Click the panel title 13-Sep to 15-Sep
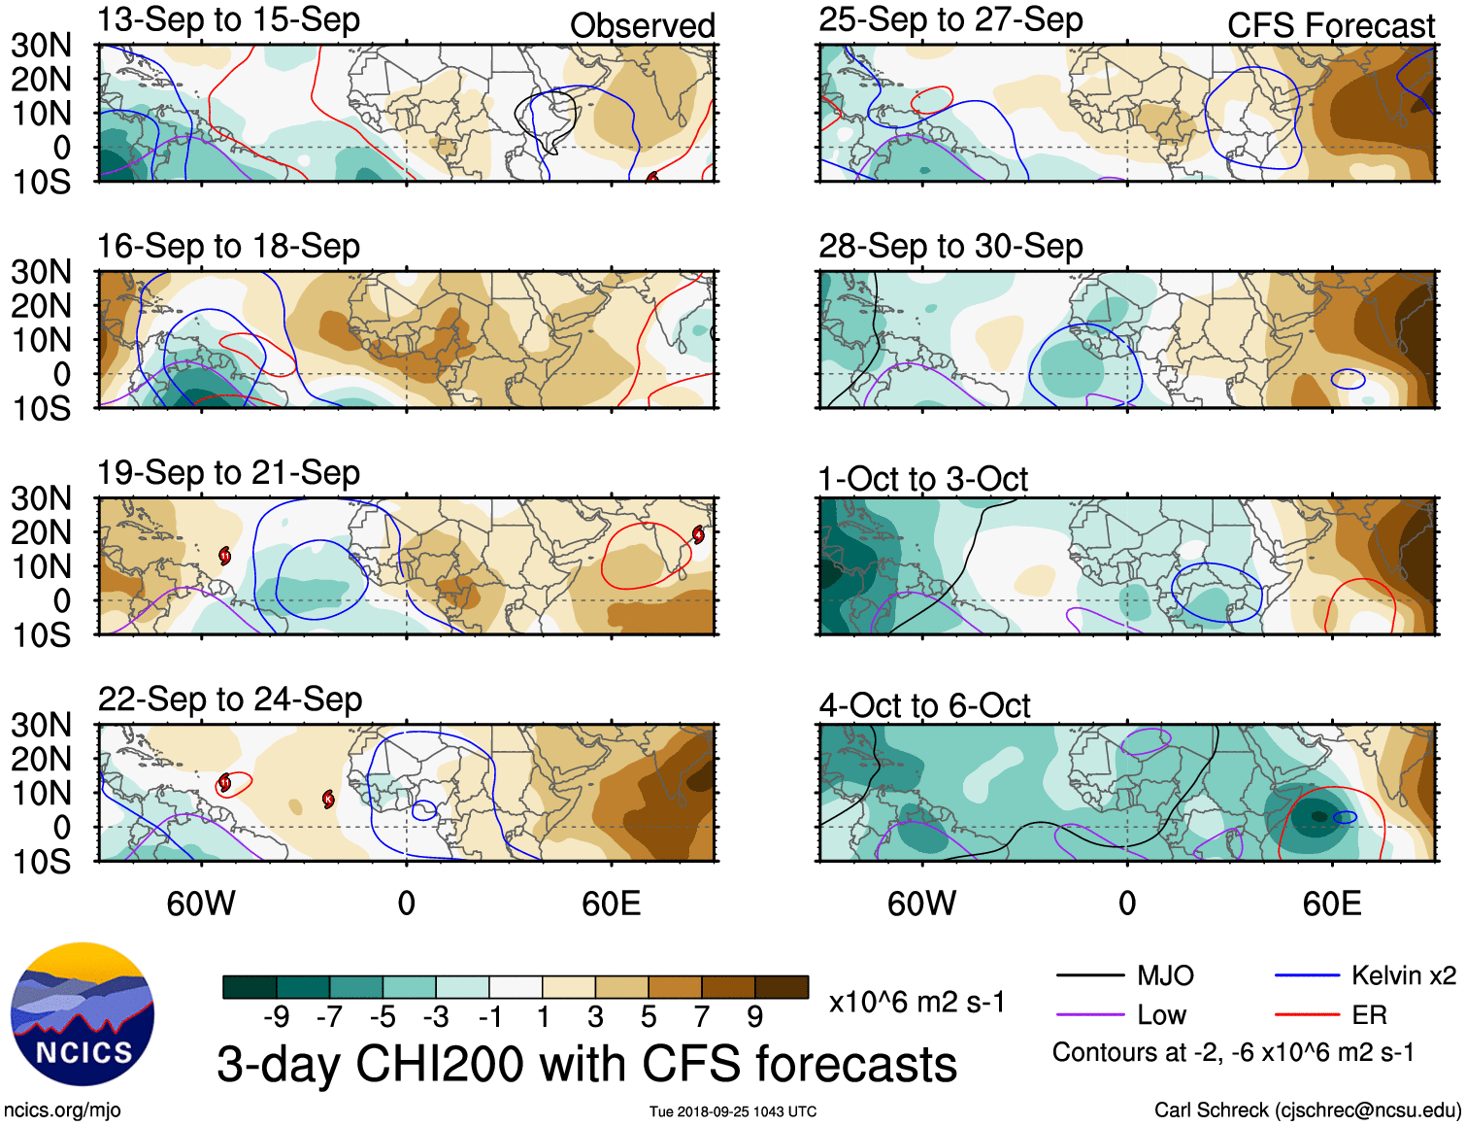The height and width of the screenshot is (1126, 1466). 228,19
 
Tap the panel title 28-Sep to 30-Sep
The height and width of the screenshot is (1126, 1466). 950,246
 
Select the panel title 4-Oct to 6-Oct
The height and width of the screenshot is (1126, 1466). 924,705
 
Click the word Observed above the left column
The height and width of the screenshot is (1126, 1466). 642,26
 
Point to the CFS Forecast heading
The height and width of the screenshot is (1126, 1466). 1330,26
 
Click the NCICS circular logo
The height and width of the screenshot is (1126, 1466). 83,1014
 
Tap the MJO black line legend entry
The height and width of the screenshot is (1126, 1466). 1126,975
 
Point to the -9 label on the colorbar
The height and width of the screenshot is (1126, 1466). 276,1016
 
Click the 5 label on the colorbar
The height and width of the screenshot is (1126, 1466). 649,1016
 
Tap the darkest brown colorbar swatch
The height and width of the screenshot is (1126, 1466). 782,987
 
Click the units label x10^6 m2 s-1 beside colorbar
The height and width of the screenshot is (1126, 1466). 916,1002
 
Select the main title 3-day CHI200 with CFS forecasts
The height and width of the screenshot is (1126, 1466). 586,1064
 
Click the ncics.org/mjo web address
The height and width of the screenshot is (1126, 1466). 62,1109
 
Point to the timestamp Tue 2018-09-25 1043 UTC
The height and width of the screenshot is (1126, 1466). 733,1111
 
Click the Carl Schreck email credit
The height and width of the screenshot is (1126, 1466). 1307,1109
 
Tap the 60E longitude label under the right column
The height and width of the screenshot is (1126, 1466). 1331,904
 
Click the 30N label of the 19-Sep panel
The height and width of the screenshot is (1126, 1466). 42,498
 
